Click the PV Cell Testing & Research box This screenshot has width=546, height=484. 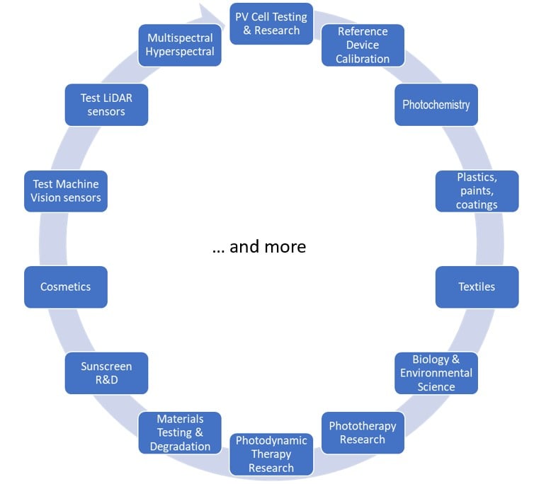pos(271,23)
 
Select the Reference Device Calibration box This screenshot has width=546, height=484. pos(363,45)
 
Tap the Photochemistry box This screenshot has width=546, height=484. pos(436,105)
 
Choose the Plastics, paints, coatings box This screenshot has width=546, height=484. pos(477,191)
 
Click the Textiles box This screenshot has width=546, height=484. pos(477,287)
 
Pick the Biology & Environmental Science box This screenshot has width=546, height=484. pos(436,373)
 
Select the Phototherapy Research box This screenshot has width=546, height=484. pos(362,432)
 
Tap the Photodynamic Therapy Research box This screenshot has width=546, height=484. pos(271,454)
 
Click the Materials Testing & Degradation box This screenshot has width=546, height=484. pos(180,432)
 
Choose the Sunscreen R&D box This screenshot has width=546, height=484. pos(106,373)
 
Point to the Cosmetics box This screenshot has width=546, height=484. pos(65,287)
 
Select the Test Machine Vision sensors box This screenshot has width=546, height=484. pos(65,191)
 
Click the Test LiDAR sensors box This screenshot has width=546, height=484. pos(106,105)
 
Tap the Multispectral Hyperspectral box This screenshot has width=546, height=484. pos(180,45)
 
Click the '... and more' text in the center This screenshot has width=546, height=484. pos(259,246)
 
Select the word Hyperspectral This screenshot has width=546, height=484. pos(180,52)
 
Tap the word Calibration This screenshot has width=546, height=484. pos(363,59)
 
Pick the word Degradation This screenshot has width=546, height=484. pos(180,446)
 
